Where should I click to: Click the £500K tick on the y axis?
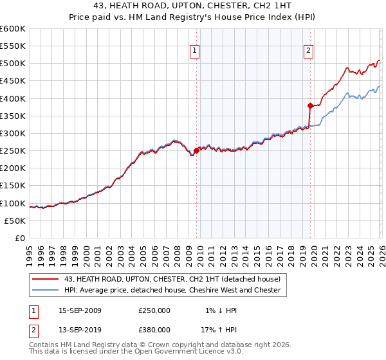point(13,64)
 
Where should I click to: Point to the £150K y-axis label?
point(13,186)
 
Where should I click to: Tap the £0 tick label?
point(20,239)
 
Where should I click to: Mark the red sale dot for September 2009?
point(196,150)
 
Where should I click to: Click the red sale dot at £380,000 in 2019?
point(310,105)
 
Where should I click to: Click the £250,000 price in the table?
point(154,310)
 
